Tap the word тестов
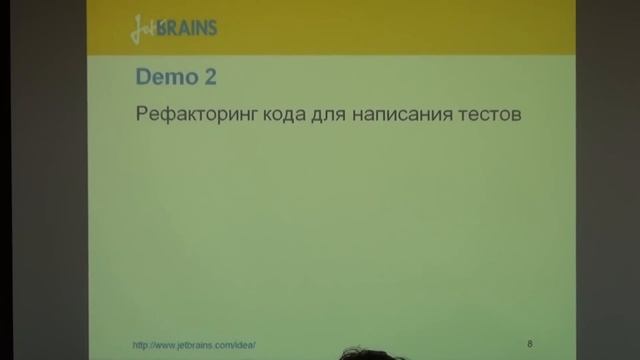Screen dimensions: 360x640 point(482,115)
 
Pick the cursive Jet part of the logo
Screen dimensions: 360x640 point(142,29)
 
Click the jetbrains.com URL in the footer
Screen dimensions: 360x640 point(194,345)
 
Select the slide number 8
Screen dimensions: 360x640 point(529,343)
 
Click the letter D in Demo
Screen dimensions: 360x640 point(141,76)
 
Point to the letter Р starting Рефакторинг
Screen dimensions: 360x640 point(139,116)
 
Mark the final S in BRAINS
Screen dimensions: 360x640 point(211,28)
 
